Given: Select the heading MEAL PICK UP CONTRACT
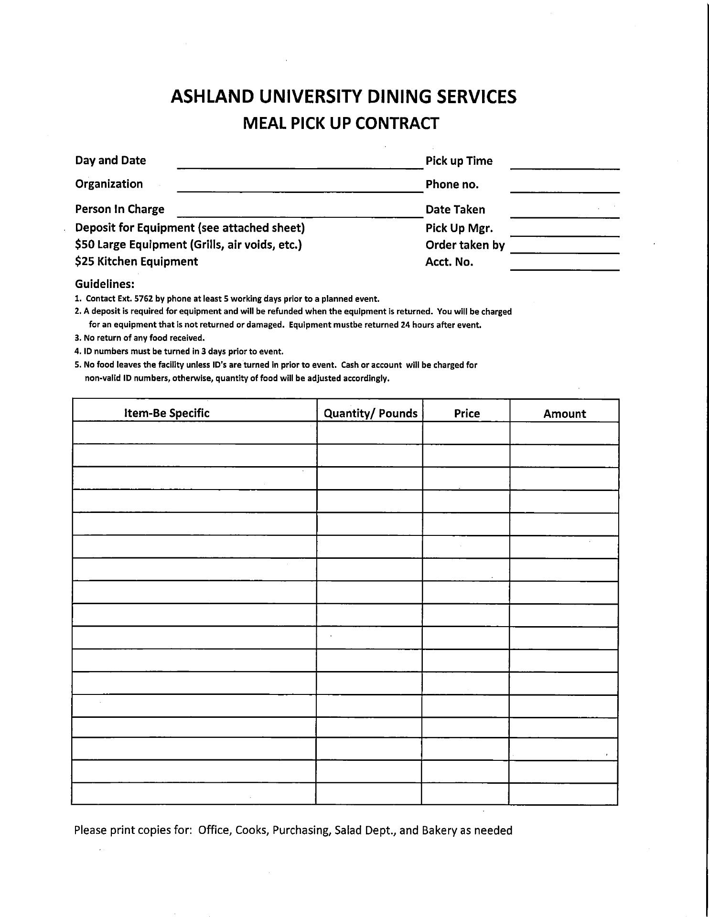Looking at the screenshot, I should (341, 124).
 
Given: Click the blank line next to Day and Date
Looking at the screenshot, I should (300, 164).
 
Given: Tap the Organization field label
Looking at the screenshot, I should (109, 184).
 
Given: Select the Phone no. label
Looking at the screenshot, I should (452, 185).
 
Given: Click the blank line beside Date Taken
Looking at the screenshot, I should (565, 214).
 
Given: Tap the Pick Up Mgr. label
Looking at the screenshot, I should (459, 228).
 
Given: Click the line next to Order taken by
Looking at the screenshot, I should (565, 249).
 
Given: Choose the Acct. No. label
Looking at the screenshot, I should (449, 262).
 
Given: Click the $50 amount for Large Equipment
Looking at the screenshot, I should (84, 245).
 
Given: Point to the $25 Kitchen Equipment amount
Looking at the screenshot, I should (84, 262).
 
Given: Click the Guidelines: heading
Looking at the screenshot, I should (105, 284).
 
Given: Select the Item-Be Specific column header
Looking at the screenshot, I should (167, 413).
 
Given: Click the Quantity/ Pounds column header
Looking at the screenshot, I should (370, 414).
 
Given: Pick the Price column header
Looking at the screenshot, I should (467, 414).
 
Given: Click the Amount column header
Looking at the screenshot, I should (564, 414).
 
